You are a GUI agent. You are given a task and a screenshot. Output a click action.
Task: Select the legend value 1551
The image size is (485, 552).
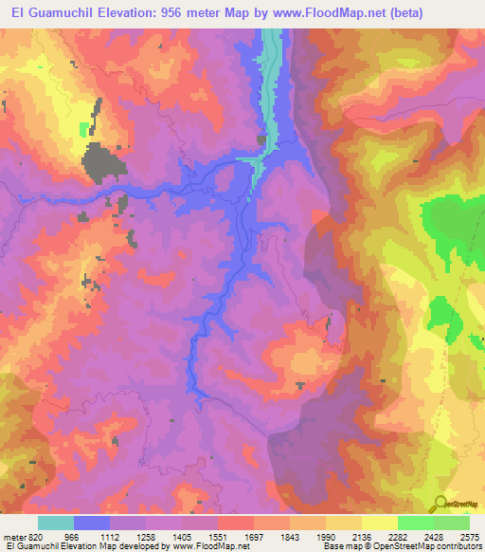pos(217,536)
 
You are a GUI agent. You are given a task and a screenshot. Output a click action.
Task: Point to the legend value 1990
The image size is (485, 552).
pos(325,536)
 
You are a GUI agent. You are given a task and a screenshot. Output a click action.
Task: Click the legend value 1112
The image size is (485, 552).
pos(109,536)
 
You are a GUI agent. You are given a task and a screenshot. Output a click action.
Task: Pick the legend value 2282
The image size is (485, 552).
pos(397,536)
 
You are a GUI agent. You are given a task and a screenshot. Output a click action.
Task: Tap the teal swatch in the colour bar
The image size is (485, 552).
pos(56,523)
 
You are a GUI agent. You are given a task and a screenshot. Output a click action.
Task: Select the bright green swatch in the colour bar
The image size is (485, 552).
pos(415,523)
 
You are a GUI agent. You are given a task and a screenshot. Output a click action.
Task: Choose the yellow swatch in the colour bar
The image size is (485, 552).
pos(379,523)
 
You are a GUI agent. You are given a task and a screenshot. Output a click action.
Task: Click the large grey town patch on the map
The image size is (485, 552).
pos(102,162)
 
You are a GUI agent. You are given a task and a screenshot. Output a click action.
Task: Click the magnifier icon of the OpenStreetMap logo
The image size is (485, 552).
pos(440,504)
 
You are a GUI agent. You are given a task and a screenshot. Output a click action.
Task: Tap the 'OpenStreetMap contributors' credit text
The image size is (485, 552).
pos(417,546)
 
